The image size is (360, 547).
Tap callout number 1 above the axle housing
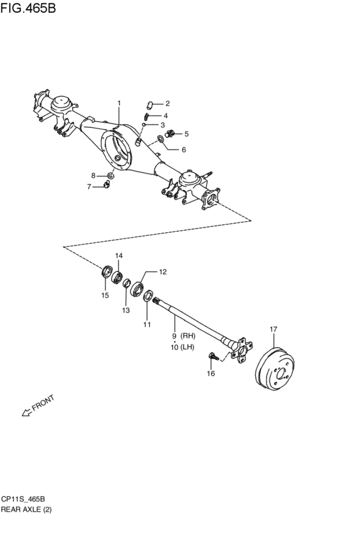click(118, 103)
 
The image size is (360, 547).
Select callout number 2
click(166, 103)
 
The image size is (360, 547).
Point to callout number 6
click(183, 150)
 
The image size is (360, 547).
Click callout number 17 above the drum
click(273, 330)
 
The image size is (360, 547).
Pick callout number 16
click(210, 373)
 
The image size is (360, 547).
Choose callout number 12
click(163, 272)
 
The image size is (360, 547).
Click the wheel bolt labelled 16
click(212, 355)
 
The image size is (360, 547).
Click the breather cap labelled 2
click(148, 103)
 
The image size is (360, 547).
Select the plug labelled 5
click(170, 134)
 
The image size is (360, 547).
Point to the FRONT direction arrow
click(27, 412)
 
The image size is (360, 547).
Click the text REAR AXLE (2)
click(28, 509)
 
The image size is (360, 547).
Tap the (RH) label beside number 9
click(188, 336)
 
